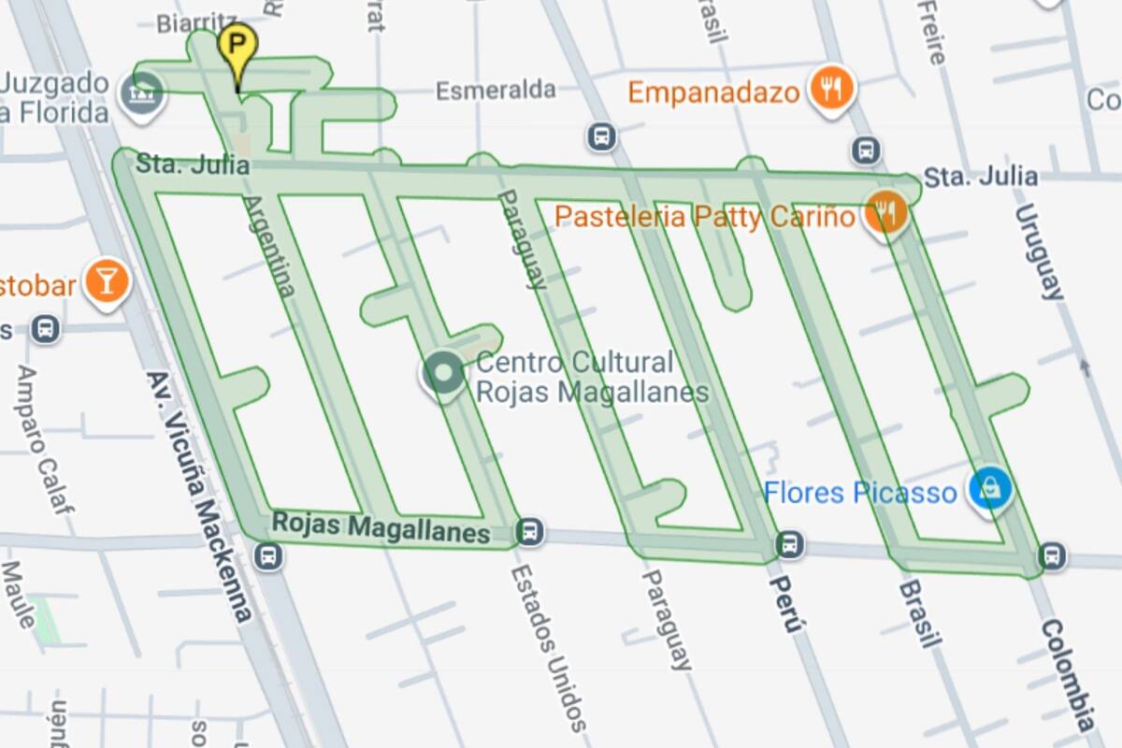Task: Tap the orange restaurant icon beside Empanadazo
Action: point(830,89)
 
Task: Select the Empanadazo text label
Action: point(713,93)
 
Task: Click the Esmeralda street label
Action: point(496,90)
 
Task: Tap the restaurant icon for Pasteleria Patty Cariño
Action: point(885,213)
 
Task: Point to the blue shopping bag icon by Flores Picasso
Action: point(990,489)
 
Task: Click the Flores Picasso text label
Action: point(860,492)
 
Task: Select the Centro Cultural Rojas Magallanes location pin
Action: point(442,373)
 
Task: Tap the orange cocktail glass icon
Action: point(106,280)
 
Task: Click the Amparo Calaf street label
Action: point(43,439)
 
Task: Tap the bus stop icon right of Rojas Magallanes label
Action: point(529,531)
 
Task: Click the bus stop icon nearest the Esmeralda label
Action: point(601,137)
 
